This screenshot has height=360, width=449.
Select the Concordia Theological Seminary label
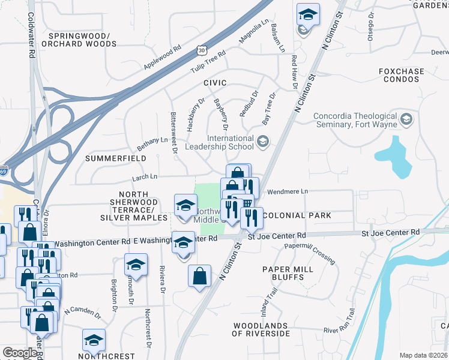(x=356, y=120)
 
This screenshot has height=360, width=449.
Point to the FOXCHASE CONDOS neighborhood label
(x=401, y=76)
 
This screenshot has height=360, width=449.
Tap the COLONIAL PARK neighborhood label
(x=297, y=215)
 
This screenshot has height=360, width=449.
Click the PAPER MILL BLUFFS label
(x=288, y=269)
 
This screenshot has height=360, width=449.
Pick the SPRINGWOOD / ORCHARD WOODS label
(x=83, y=40)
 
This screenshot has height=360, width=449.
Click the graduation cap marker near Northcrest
(x=94, y=340)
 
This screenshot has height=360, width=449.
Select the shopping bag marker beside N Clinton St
(x=200, y=277)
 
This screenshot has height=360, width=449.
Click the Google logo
(x=20, y=353)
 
